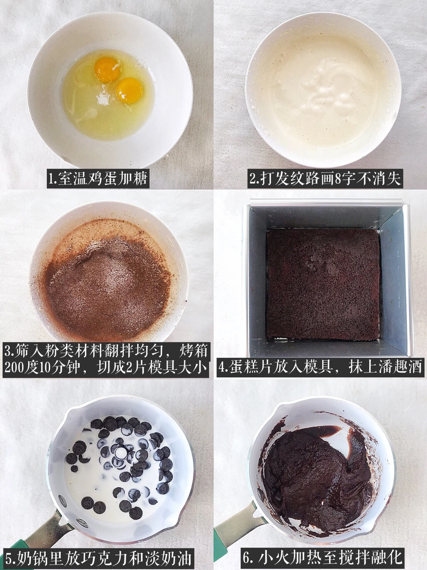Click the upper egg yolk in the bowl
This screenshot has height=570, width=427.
[107, 69]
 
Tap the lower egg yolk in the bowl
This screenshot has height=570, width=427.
[130, 90]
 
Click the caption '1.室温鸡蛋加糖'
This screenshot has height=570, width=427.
[98, 179]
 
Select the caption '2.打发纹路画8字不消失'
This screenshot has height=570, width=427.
[325, 179]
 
